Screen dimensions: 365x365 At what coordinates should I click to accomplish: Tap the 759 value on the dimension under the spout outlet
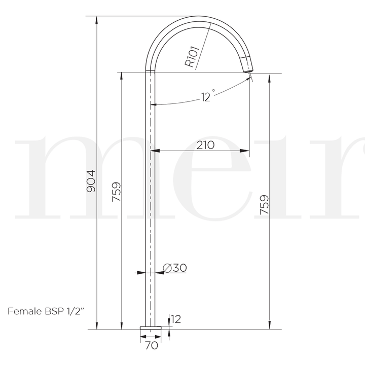[264, 204]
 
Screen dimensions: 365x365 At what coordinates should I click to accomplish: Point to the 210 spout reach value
[205, 145]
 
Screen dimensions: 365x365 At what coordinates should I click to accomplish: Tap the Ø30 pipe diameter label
[174, 268]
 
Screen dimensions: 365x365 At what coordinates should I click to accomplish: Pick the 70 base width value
[151, 347]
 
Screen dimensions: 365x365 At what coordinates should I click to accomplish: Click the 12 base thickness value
[176, 319]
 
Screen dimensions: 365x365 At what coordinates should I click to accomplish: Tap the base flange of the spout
[151, 332]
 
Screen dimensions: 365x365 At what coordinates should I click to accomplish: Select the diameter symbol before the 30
[167, 268]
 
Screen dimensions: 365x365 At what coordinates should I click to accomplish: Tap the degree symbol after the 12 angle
[214, 91]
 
